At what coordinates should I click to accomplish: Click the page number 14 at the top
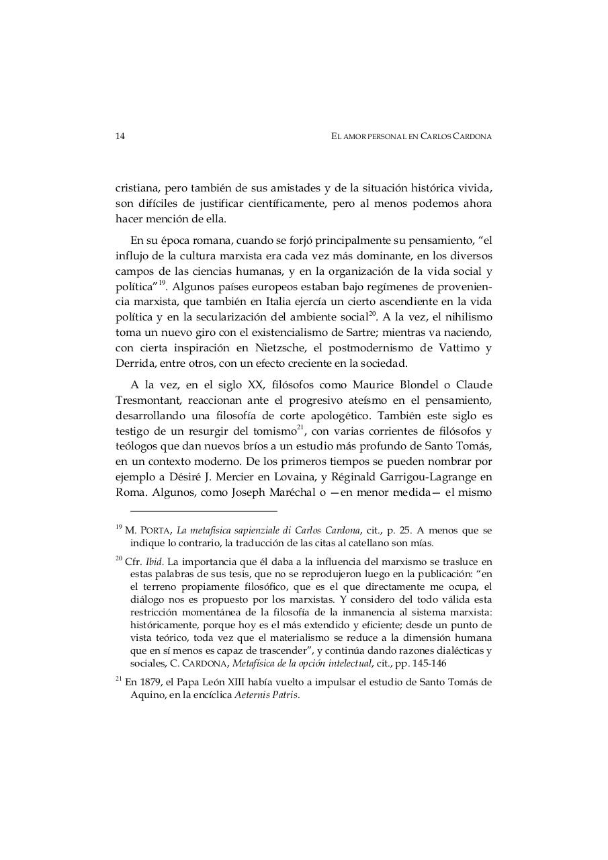tap(120, 136)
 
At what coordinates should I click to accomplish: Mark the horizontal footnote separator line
tap(204, 511)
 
